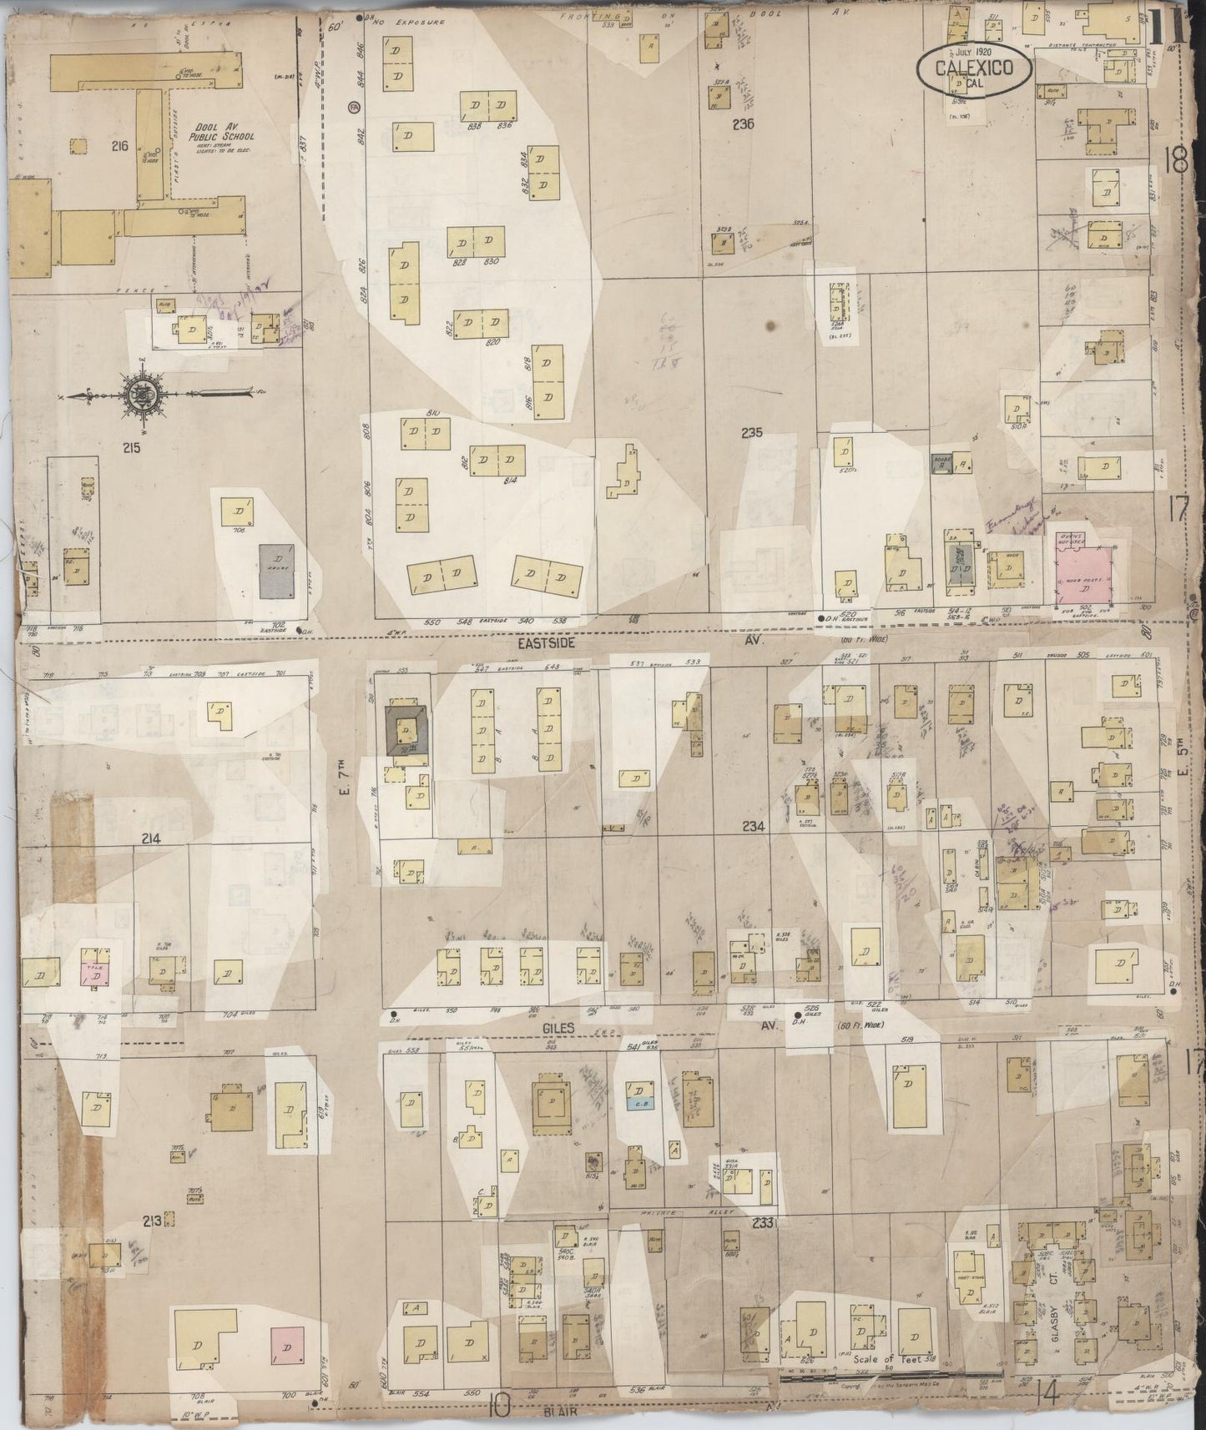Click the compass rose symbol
click(139, 394)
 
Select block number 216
click(119, 147)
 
